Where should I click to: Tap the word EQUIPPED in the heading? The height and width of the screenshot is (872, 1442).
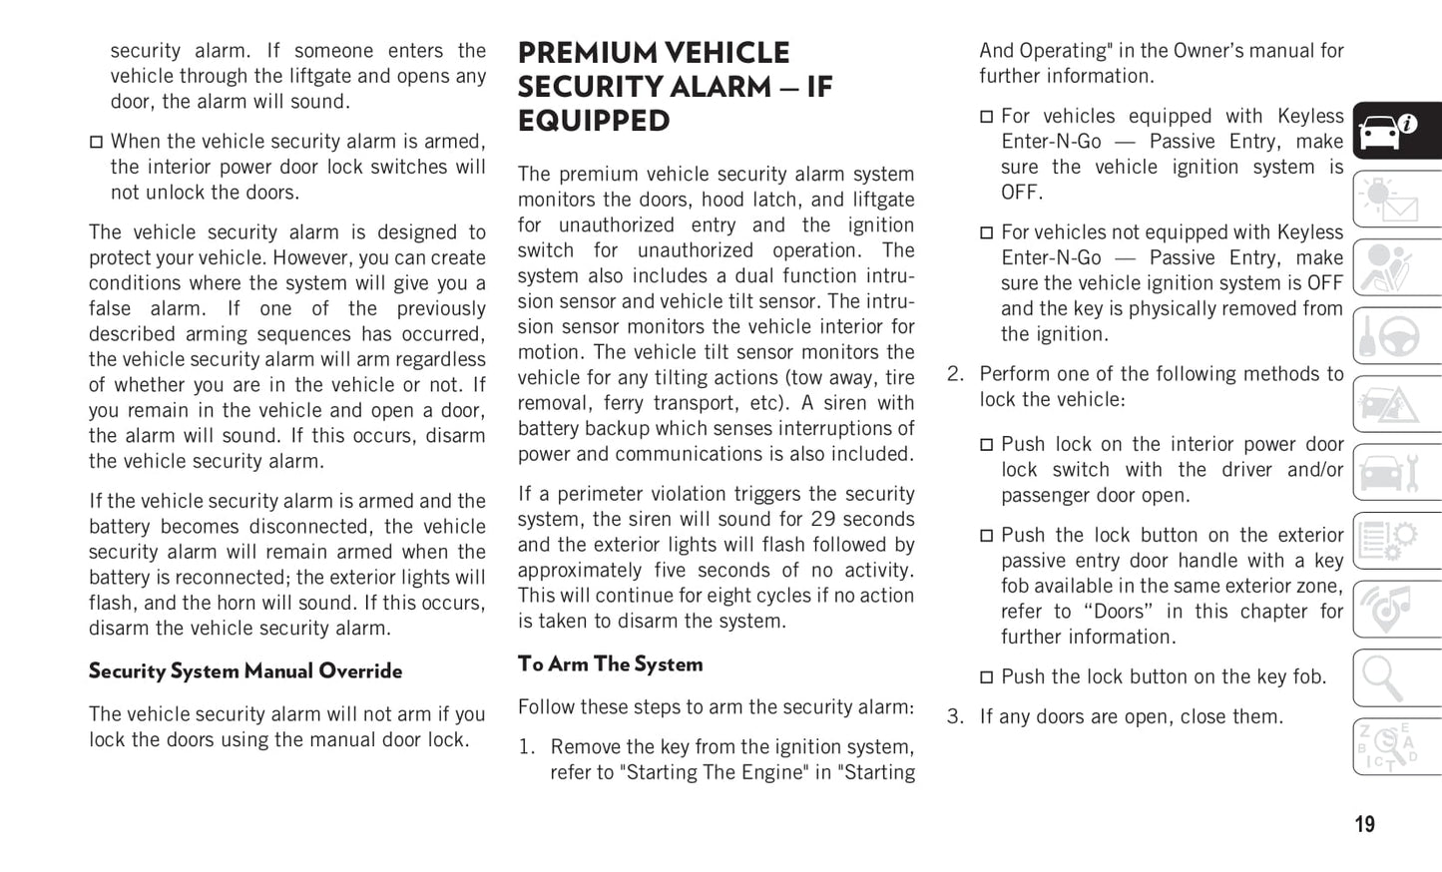(x=594, y=121)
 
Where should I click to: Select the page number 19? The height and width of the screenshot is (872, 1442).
(x=1364, y=824)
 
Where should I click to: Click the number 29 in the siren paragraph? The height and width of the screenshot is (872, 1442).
(x=822, y=519)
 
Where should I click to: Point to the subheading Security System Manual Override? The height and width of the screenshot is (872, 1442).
(x=245, y=671)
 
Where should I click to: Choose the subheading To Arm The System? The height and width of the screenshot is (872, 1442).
(x=610, y=664)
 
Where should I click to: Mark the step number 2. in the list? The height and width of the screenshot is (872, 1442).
(x=955, y=374)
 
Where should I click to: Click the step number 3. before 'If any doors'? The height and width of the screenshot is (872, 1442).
(x=955, y=716)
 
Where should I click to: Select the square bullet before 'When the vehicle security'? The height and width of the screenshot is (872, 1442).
(x=96, y=143)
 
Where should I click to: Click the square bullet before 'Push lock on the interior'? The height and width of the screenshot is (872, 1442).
(x=986, y=445)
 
